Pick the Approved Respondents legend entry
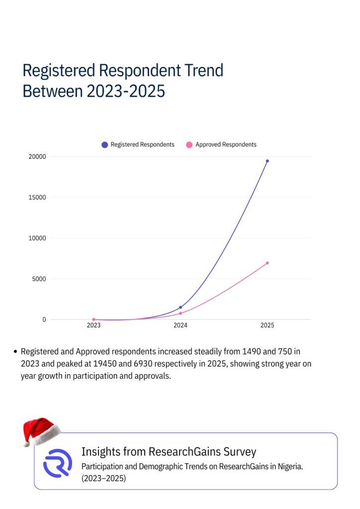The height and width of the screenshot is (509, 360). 222,145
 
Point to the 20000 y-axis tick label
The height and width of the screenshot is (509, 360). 37,157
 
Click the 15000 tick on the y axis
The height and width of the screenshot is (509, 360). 37,197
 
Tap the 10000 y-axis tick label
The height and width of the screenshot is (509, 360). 37,238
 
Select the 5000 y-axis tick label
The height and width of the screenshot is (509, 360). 39,279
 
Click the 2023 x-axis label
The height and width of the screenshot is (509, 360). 93,326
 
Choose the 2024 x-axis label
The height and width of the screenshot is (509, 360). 180,326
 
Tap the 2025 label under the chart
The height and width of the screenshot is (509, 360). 267,326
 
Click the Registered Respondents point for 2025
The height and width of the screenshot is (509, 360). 267,161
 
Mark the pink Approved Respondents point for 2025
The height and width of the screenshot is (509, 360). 267,263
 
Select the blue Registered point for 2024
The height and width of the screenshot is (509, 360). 180,307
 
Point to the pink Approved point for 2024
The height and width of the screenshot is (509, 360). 180,313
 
